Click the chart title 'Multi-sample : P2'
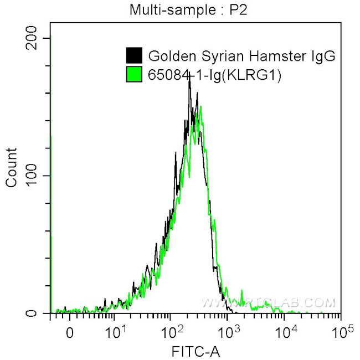coord(180,9)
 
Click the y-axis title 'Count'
coord(11,167)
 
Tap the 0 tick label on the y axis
coord(40,313)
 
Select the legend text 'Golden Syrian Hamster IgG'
coord(241,56)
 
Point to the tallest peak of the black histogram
coord(189,78)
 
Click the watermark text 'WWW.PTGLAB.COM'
coord(269,303)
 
